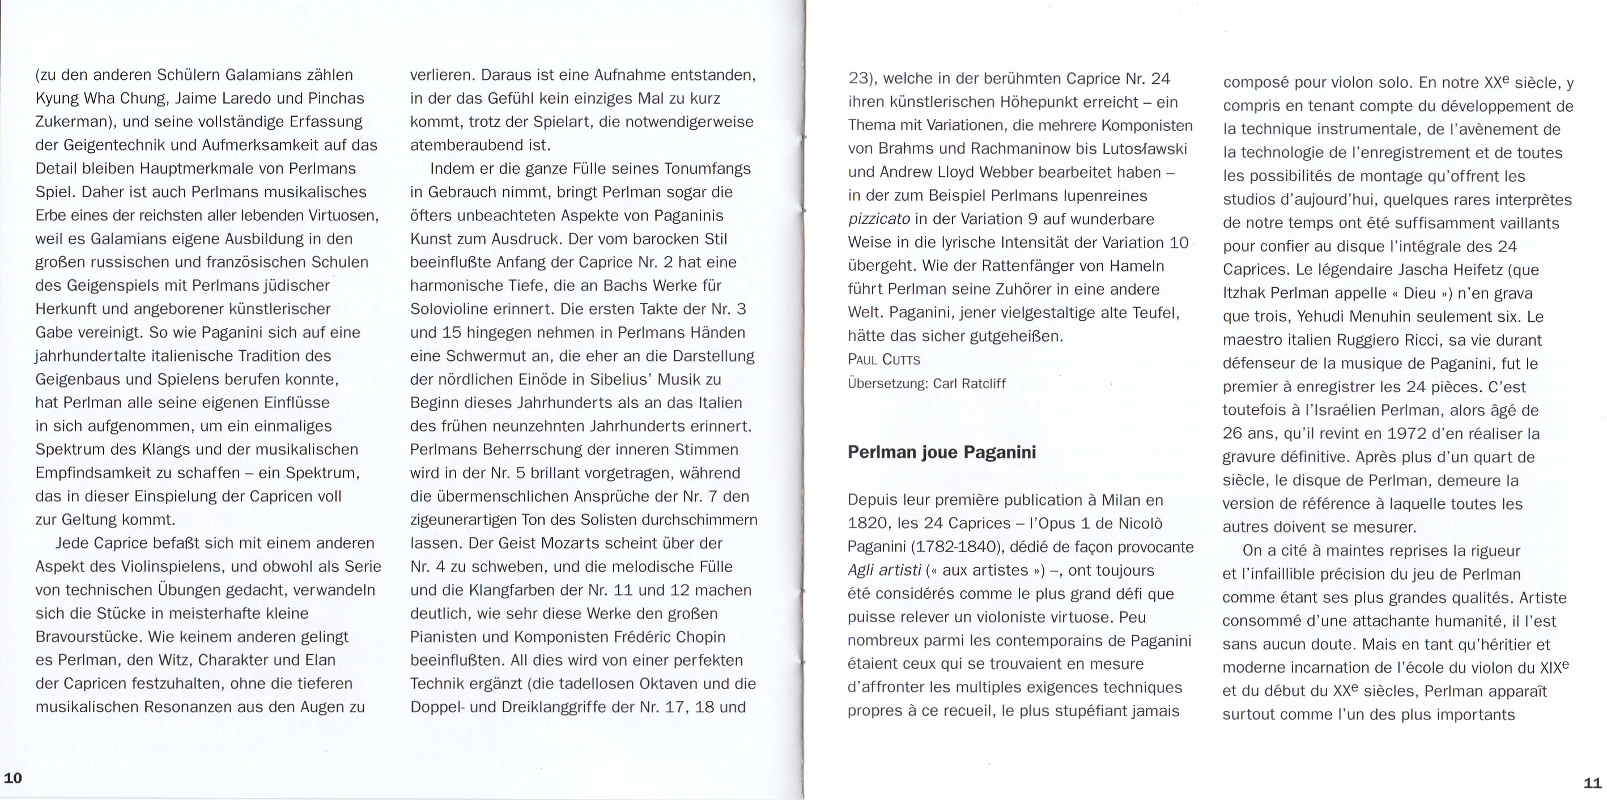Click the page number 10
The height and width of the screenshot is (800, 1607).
click(x=13, y=777)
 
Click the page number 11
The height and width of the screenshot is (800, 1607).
click(x=1592, y=782)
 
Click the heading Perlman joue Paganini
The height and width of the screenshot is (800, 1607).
click(x=941, y=452)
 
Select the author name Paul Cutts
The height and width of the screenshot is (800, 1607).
click(x=883, y=360)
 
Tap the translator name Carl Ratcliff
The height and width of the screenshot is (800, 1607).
click(x=970, y=384)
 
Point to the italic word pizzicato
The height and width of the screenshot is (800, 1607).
click(x=879, y=219)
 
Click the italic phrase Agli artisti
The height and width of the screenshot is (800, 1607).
click(x=884, y=571)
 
